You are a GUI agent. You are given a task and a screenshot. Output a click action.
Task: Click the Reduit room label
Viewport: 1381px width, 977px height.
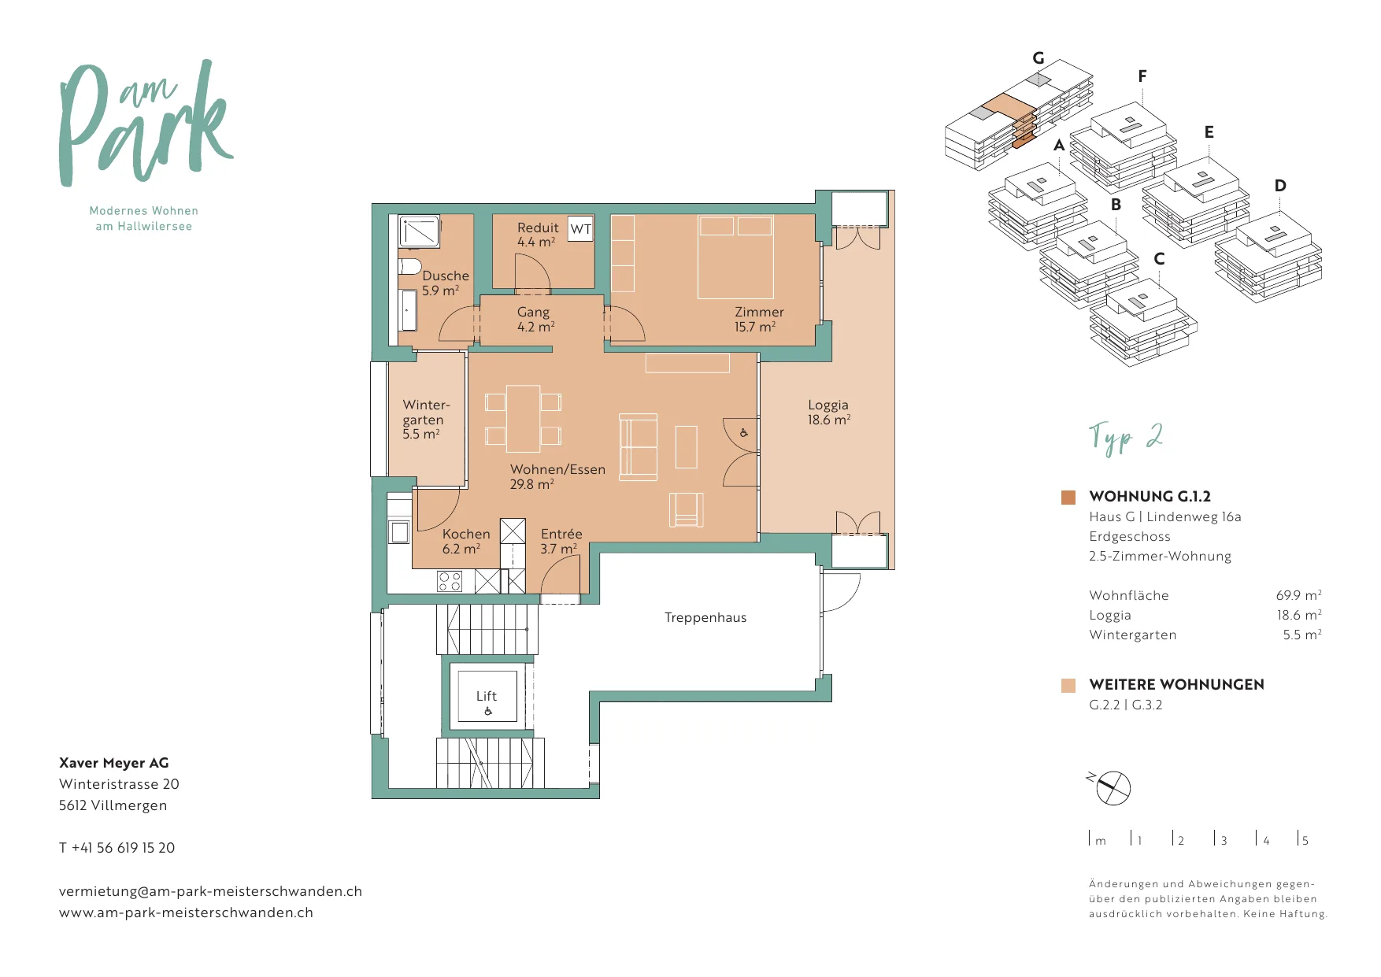[537, 235]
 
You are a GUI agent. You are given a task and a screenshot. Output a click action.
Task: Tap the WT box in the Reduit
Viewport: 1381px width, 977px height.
[581, 229]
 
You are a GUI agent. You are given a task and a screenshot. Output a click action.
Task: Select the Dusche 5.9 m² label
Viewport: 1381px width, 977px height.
[445, 283]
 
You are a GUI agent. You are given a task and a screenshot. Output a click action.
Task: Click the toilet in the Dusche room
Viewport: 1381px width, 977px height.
[409, 265]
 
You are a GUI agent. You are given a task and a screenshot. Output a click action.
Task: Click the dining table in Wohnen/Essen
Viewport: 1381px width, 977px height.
[523, 419]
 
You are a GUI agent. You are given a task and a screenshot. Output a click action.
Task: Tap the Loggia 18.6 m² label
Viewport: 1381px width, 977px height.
[828, 413]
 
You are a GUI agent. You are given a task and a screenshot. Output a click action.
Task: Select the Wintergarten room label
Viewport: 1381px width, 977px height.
[426, 420]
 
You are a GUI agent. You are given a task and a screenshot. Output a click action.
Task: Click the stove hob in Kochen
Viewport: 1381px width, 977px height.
[450, 582]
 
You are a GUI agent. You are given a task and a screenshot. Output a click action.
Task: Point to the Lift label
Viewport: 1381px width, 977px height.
[487, 696]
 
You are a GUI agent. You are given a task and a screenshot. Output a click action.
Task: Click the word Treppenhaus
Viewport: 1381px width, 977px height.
[705, 617]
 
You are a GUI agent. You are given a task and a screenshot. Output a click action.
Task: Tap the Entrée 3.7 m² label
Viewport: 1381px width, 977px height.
[561, 541]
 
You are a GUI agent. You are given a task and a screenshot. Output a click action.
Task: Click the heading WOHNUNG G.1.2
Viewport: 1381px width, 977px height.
[1150, 497]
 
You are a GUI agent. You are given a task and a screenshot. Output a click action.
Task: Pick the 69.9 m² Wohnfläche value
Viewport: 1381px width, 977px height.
[1298, 595]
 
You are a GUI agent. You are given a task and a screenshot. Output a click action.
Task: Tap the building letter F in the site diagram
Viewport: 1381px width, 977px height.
[1142, 76]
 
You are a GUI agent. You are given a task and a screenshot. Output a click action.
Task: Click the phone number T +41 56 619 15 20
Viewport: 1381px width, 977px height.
[117, 848]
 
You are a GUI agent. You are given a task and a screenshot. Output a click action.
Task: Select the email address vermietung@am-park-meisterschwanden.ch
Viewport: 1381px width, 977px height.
[210, 891]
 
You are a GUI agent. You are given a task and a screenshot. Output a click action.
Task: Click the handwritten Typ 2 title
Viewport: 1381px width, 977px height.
[1126, 438]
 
